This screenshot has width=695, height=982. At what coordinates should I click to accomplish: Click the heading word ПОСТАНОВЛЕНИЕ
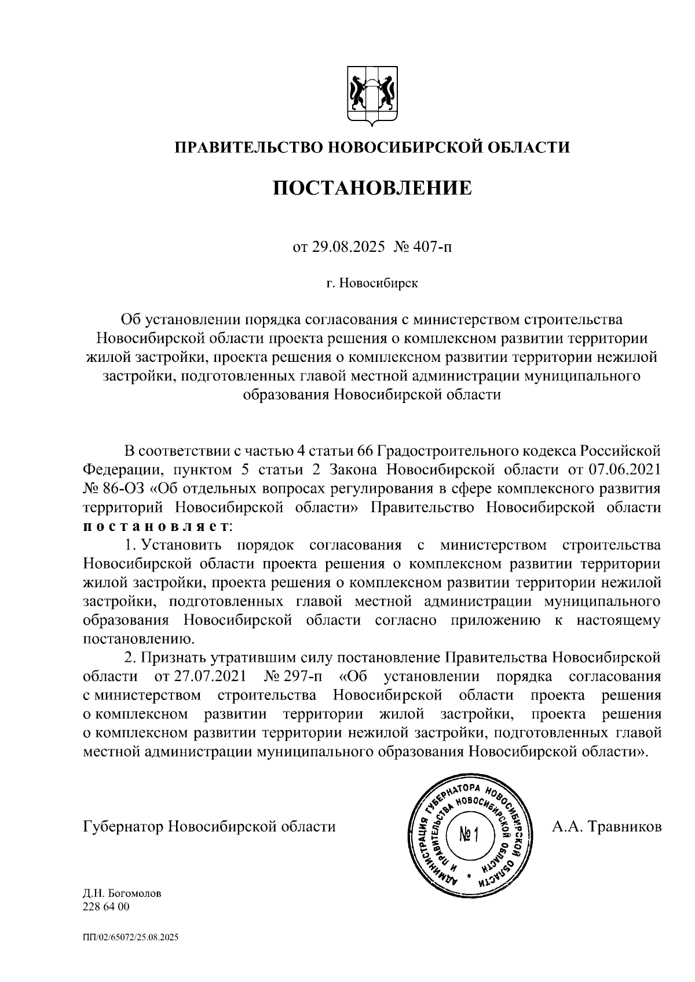372,188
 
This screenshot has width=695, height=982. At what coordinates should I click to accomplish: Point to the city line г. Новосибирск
371,284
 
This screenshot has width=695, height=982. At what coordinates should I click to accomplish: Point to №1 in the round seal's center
470,834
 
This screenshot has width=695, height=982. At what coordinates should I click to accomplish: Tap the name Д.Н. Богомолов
122,893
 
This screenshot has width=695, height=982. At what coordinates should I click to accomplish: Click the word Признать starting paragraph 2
173,658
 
